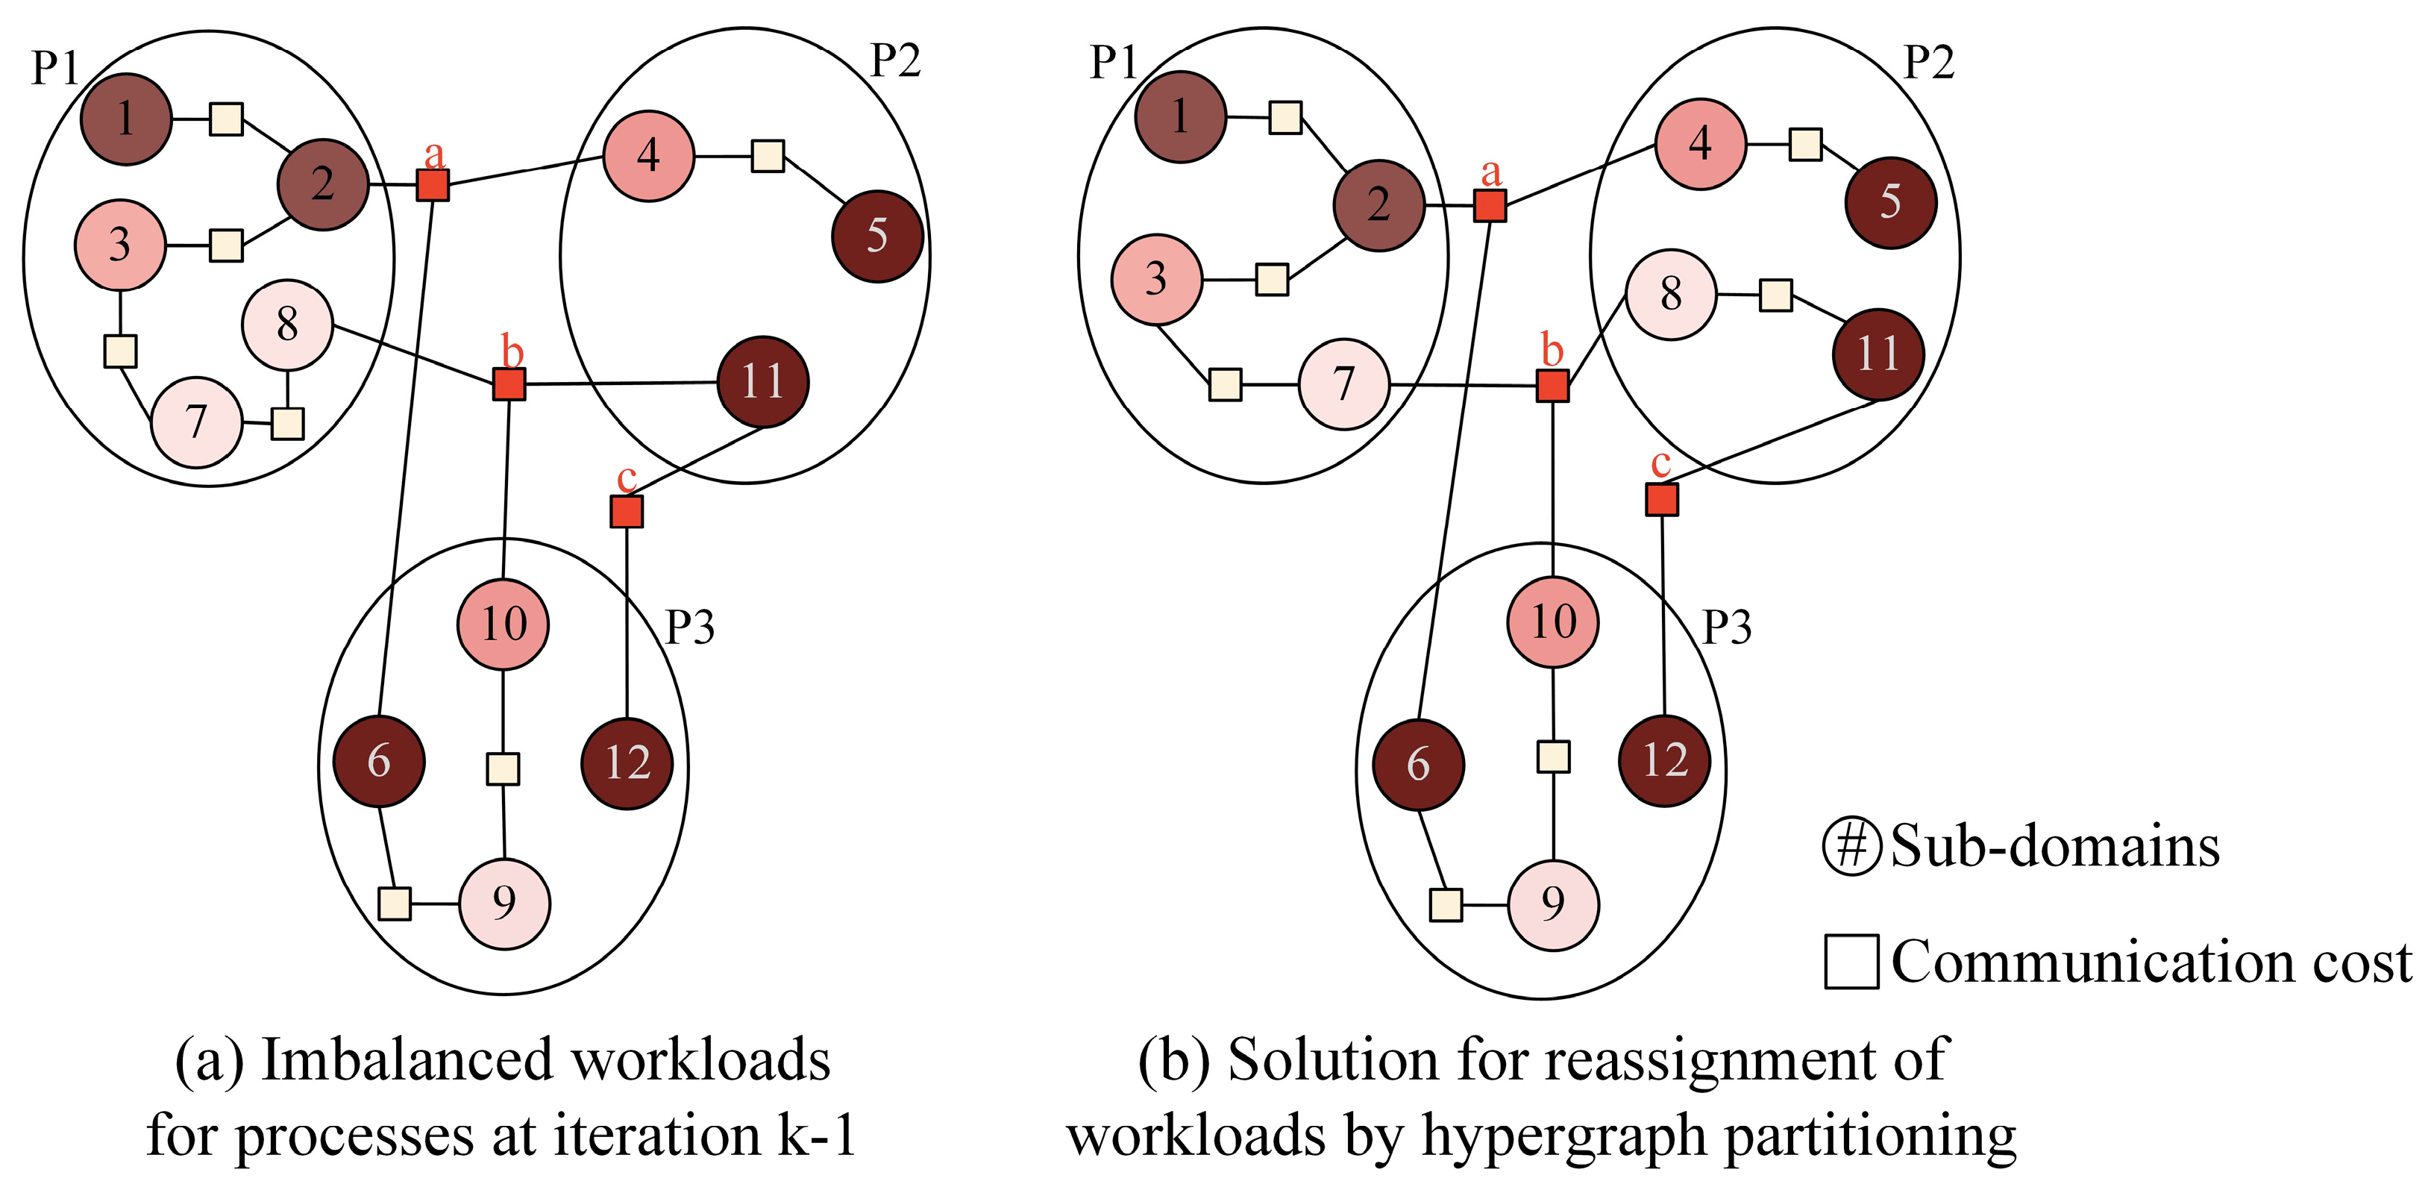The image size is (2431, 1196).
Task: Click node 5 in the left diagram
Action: tap(876, 236)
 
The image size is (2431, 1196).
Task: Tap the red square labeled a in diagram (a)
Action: tap(432, 185)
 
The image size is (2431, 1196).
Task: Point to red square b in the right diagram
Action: tap(1552, 385)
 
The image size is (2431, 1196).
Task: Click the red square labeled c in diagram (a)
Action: tap(627, 512)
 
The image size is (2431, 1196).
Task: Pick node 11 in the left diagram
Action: tap(762, 381)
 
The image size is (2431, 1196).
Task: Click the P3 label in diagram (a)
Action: tap(690, 627)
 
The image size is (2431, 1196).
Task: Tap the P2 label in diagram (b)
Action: tap(1928, 63)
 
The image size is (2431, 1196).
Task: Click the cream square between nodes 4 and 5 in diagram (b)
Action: tap(1805, 145)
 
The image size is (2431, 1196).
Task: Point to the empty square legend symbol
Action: tap(1851, 962)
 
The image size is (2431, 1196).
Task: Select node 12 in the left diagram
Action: tap(627, 763)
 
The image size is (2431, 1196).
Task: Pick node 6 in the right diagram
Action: tap(1417, 765)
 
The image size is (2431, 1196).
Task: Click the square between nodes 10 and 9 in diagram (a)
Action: tap(502, 768)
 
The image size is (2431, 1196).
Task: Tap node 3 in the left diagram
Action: tap(120, 245)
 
